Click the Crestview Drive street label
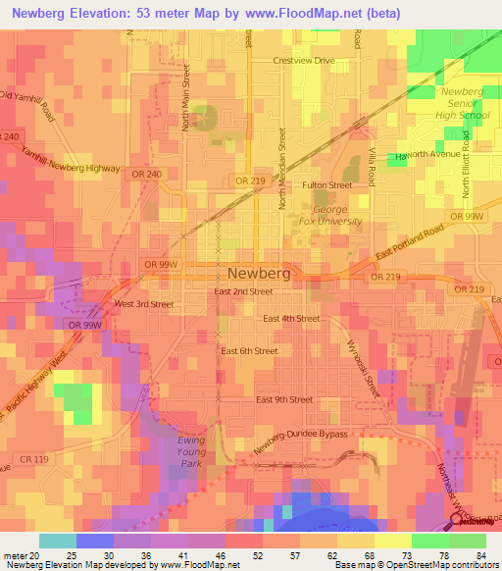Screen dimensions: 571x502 305,61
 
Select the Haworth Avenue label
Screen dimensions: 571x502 427,155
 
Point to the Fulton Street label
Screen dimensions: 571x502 326,184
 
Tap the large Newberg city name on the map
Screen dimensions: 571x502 259,274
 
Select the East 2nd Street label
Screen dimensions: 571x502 243,291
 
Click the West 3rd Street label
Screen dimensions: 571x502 144,304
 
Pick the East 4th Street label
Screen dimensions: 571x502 291,319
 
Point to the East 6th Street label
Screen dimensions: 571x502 250,351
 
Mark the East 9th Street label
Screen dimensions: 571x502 284,399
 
